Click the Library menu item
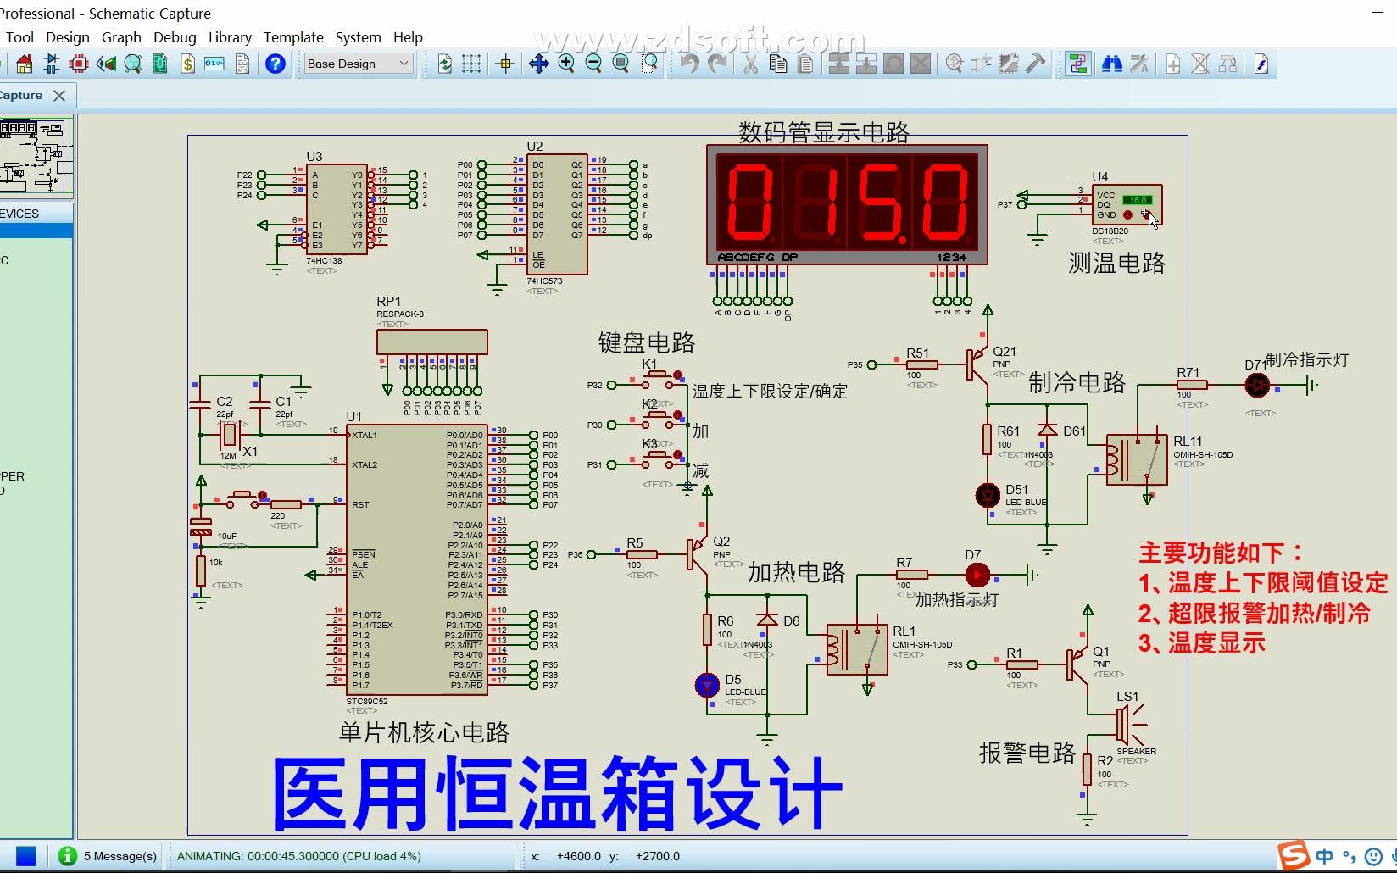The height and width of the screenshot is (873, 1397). (230, 37)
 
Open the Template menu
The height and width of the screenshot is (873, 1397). (293, 37)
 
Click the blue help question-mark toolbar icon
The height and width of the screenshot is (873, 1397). (275, 64)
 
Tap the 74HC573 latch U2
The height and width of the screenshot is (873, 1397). (556, 214)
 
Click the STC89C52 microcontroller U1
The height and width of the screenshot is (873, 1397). (417, 559)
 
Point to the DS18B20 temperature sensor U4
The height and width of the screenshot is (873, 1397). (1126, 206)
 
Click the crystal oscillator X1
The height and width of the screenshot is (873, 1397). (228, 436)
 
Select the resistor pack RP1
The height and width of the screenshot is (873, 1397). (431, 342)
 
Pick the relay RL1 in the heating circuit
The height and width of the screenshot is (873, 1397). (856, 650)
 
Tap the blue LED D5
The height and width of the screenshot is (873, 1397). (707, 684)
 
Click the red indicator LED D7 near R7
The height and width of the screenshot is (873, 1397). (977, 575)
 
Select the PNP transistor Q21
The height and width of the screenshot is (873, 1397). (979, 364)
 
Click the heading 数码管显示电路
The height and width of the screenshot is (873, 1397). (823, 132)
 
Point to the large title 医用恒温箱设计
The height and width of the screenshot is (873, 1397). (556, 793)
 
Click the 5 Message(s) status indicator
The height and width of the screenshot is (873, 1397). (109, 856)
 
